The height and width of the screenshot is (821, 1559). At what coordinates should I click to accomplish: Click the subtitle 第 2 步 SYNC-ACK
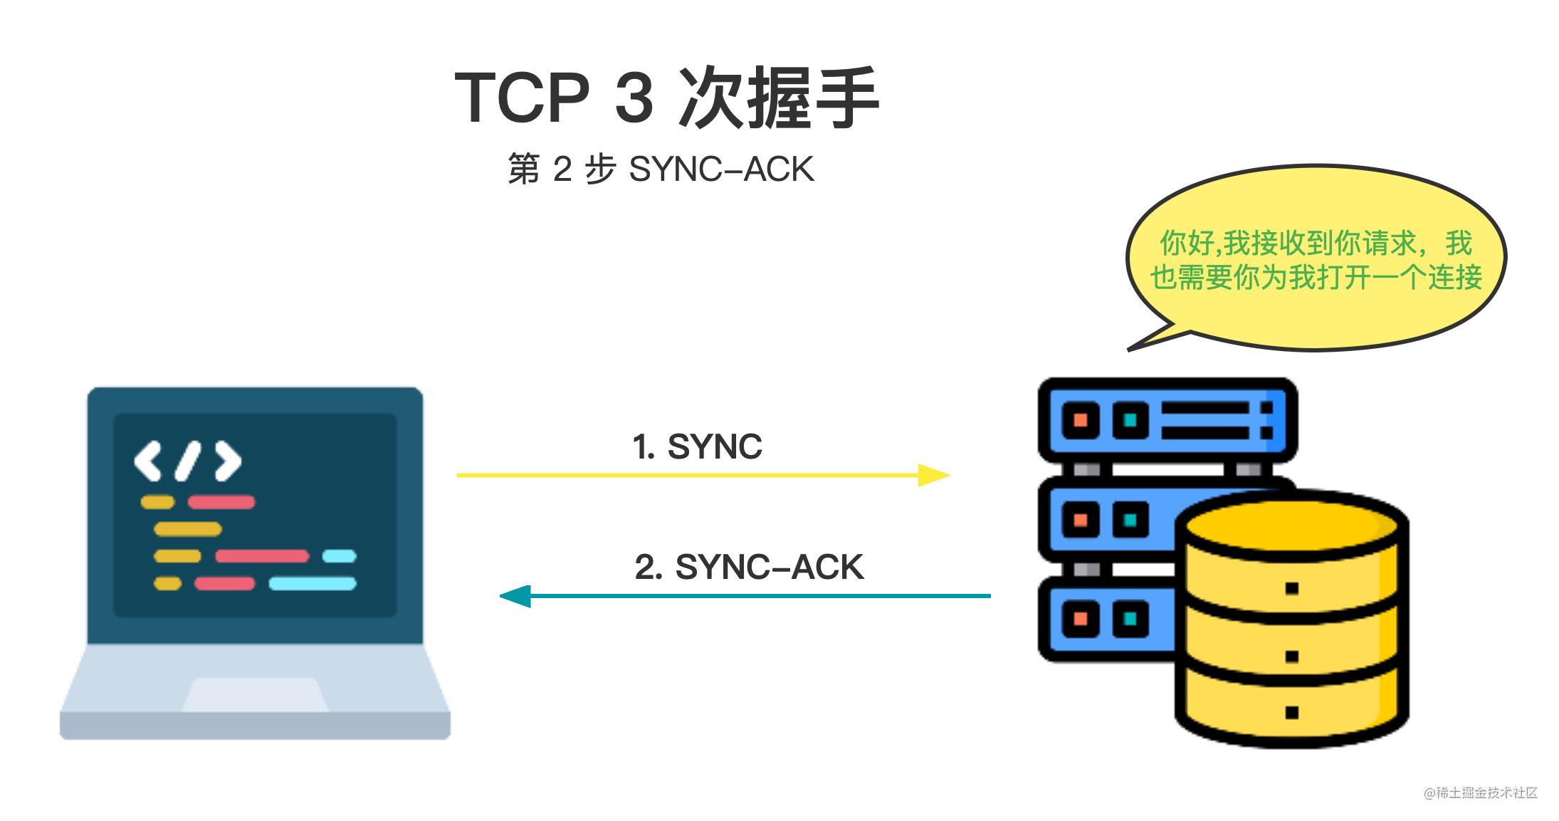(661, 169)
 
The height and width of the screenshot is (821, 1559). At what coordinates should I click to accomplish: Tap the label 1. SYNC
(697, 447)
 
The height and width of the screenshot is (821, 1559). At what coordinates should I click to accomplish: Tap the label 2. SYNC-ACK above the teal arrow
(748, 568)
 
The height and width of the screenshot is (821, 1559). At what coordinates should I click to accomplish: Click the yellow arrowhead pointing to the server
(933, 475)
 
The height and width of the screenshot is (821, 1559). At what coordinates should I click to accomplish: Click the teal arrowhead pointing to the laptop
(516, 595)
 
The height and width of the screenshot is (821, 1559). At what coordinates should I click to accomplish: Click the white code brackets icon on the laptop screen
(188, 461)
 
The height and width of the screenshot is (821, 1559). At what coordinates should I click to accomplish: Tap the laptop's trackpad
(255, 694)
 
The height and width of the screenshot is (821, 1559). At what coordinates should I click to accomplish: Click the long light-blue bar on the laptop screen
(313, 584)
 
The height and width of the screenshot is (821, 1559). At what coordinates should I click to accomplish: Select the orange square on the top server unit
(1080, 419)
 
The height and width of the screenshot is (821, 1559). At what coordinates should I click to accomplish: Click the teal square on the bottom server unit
(1130, 618)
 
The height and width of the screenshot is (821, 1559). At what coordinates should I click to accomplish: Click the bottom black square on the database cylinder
(1292, 712)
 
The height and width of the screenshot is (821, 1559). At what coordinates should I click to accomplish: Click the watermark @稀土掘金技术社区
(1481, 793)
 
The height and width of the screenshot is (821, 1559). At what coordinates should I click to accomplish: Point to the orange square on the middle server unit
(1080, 519)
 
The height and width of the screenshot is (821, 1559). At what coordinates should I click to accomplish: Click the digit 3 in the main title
(634, 98)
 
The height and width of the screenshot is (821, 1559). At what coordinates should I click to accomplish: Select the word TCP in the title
(522, 98)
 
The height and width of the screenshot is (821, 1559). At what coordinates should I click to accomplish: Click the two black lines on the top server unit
(1205, 420)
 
